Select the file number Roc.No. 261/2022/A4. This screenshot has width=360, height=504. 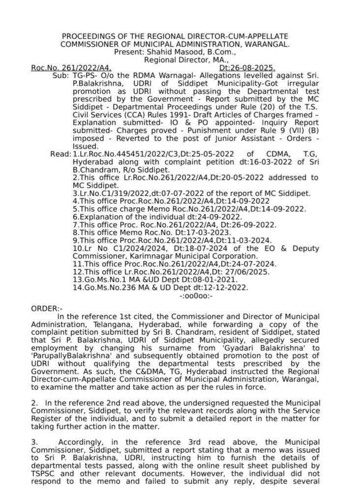coord(71,67)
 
